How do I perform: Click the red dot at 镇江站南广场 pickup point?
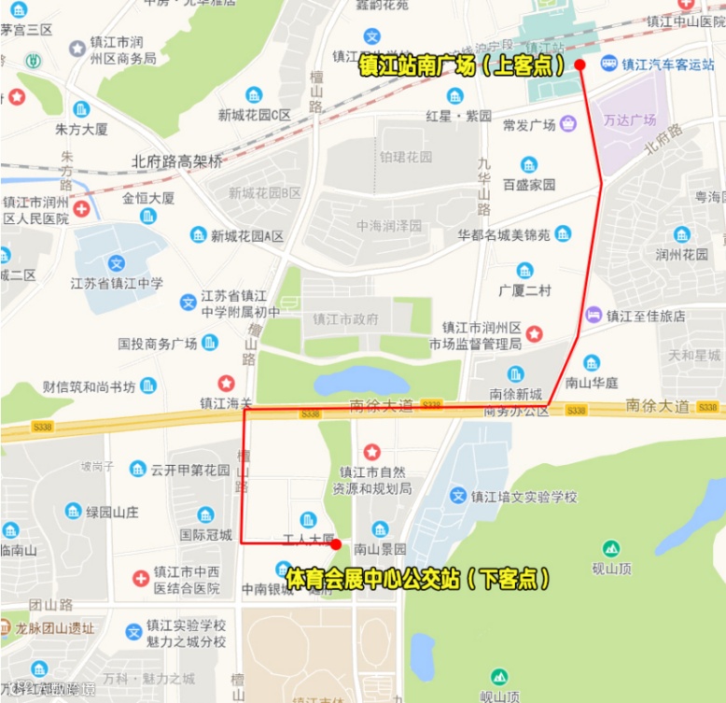coord(579,64)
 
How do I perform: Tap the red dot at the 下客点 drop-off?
coord(336,543)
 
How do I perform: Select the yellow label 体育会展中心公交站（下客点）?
coord(416,579)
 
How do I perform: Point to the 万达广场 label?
coord(630,120)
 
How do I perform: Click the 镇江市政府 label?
coord(346,318)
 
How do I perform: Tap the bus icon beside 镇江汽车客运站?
coord(608,63)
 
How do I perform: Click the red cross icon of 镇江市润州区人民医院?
coord(83,209)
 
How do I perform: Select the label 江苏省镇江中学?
coord(117,283)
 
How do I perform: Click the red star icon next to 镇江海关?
coord(226,383)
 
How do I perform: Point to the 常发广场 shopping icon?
coord(568,124)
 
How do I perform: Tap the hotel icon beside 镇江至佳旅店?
coord(593,315)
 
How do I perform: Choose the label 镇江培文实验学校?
coord(524,496)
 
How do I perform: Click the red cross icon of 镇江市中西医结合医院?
coord(140,579)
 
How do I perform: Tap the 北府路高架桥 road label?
coord(177,161)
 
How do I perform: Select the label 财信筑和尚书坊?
coord(90,387)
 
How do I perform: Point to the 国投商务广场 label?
coord(158,344)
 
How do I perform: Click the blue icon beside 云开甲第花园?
coord(138,469)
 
